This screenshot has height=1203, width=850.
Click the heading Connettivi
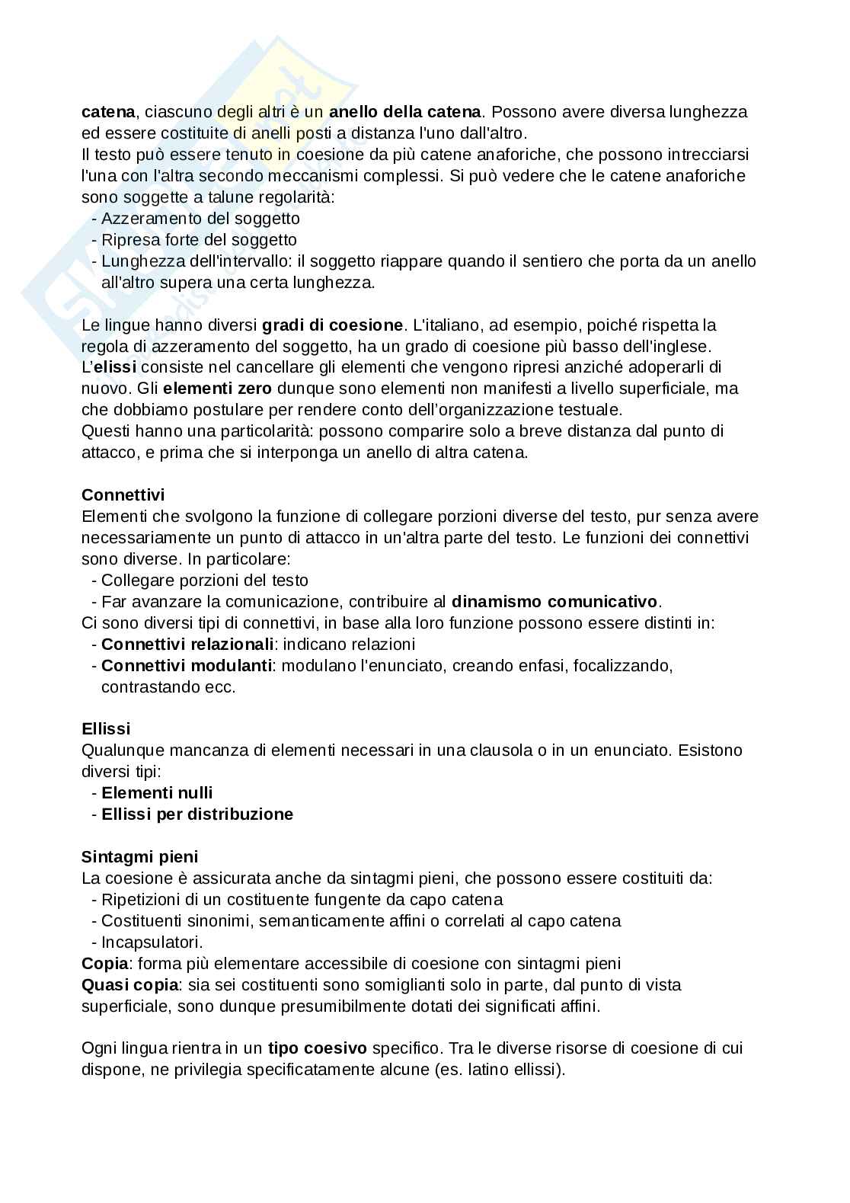coord(123,495)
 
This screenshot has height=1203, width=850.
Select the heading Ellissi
coord(106,729)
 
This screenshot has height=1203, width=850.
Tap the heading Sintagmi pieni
coord(139,857)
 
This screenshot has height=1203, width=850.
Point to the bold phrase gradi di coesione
coord(332,325)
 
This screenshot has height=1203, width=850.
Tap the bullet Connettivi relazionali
coord(187,645)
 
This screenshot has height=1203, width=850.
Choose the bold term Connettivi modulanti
coord(187,666)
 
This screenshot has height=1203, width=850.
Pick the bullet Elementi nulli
coord(157,793)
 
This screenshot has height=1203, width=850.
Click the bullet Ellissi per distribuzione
coord(197,814)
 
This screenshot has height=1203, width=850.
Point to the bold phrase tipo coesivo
coord(317,1048)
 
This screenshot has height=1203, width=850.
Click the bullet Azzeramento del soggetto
coord(200,219)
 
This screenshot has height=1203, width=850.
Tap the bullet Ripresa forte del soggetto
coord(199,240)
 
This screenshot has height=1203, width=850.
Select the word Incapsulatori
coord(152,942)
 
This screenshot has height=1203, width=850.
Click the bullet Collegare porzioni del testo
coord(204,581)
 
